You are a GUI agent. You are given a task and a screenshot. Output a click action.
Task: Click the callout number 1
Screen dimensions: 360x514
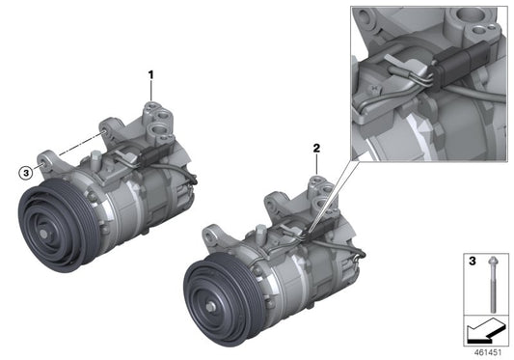tap(150, 73)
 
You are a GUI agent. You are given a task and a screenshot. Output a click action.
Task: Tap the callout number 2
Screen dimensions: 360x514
tap(314, 149)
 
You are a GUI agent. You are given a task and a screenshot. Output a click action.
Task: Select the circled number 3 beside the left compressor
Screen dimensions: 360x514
tap(25, 172)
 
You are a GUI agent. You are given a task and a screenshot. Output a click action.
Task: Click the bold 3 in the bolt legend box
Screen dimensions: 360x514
tap(473, 261)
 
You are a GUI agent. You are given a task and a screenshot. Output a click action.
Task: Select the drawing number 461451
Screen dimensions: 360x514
tap(488, 352)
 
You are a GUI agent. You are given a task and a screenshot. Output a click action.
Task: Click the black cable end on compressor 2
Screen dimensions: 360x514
tap(360, 253)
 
